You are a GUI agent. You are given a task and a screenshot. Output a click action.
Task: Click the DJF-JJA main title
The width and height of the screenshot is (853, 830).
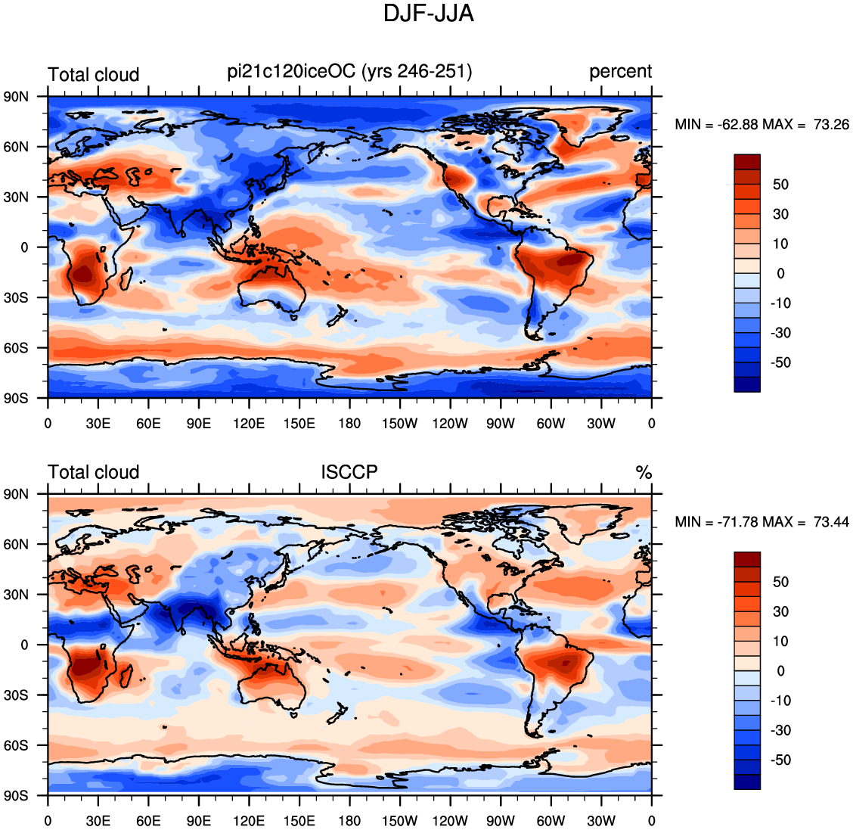tap(429, 14)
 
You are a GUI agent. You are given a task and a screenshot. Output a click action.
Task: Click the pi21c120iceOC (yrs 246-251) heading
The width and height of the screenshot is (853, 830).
tap(350, 71)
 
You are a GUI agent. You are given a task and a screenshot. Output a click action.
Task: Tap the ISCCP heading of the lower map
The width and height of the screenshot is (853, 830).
tap(349, 472)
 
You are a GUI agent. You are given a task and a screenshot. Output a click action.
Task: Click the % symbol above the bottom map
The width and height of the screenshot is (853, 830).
tap(644, 472)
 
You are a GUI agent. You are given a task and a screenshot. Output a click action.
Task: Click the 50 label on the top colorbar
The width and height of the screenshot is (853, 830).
tap(780, 185)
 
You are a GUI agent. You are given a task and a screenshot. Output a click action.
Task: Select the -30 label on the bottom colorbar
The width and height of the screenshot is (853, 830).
tap(780, 730)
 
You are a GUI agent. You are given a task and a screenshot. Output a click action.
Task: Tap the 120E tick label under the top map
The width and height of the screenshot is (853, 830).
tap(249, 424)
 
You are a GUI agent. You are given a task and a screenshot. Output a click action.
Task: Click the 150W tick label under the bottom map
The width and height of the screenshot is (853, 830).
tap(400, 821)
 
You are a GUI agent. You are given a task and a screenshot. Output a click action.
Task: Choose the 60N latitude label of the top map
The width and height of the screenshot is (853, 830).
tap(17, 147)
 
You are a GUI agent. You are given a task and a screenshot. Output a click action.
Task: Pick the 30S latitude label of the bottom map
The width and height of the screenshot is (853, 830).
tap(17, 695)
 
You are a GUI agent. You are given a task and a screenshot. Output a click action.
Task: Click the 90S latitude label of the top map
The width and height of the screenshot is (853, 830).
tap(17, 399)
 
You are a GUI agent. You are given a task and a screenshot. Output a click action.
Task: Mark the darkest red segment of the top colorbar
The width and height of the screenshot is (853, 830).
tap(747, 162)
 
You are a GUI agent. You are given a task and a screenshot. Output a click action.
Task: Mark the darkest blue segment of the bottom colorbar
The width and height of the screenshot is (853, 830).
tap(747, 782)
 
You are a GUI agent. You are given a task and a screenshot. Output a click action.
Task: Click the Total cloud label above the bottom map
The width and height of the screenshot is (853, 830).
tap(94, 472)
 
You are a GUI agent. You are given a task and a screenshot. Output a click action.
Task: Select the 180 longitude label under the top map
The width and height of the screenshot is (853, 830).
tap(349, 424)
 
